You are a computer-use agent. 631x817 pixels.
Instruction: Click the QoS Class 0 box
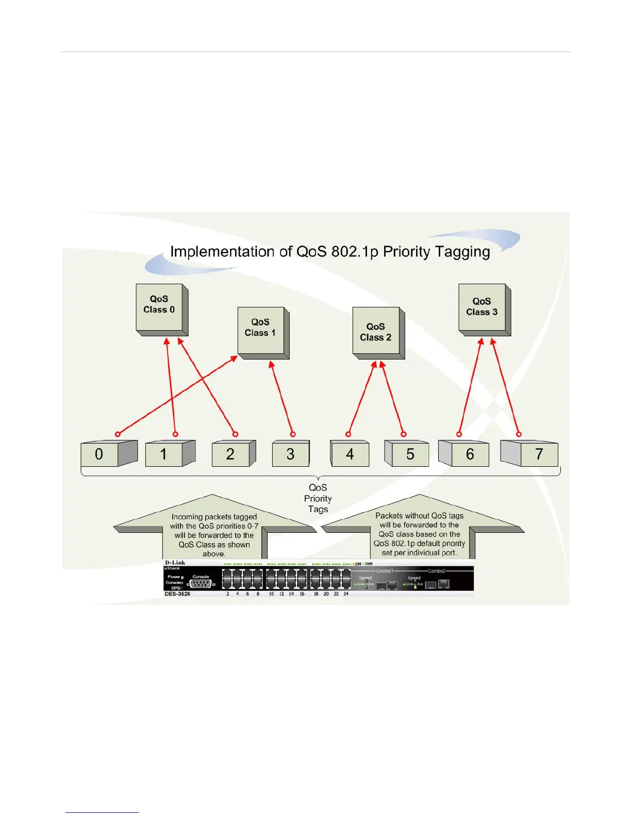(159, 306)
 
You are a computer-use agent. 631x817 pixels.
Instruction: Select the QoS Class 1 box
(261, 330)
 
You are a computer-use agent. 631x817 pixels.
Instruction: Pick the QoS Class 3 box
(482, 307)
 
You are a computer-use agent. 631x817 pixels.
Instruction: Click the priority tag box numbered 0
(100, 454)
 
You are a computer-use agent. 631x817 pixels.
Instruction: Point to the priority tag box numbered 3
(291, 454)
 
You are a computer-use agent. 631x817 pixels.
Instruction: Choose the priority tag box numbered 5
(410, 454)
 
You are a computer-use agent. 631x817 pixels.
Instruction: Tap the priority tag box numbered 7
(539, 454)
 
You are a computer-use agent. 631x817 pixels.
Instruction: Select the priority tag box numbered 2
(230, 454)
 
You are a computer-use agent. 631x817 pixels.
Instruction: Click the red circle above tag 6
(459, 434)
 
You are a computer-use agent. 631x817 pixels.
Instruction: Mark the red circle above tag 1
(175, 434)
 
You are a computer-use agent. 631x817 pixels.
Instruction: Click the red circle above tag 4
(348, 434)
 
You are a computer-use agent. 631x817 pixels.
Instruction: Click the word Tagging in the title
(462, 252)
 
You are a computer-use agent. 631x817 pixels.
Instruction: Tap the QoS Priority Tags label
(318, 498)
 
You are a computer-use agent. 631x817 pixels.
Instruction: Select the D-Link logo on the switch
(175, 563)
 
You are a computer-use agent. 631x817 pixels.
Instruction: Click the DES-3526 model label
(177, 594)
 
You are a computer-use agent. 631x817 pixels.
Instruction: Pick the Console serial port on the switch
(201, 584)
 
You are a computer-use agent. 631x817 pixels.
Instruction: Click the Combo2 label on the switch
(437, 571)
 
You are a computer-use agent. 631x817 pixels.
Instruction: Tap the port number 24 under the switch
(346, 594)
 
